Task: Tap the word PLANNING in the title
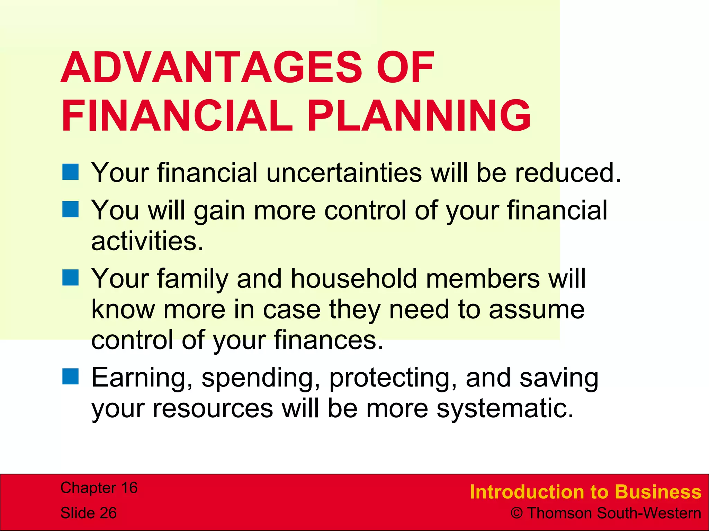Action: coord(419,116)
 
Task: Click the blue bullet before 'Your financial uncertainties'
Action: coord(71,172)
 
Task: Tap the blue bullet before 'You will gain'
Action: coord(71,209)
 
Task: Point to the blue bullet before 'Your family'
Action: coord(71,278)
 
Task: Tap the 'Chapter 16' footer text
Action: coord(99,488)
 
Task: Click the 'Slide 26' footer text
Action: coord(89,513)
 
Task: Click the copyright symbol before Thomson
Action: coord(517,513)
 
